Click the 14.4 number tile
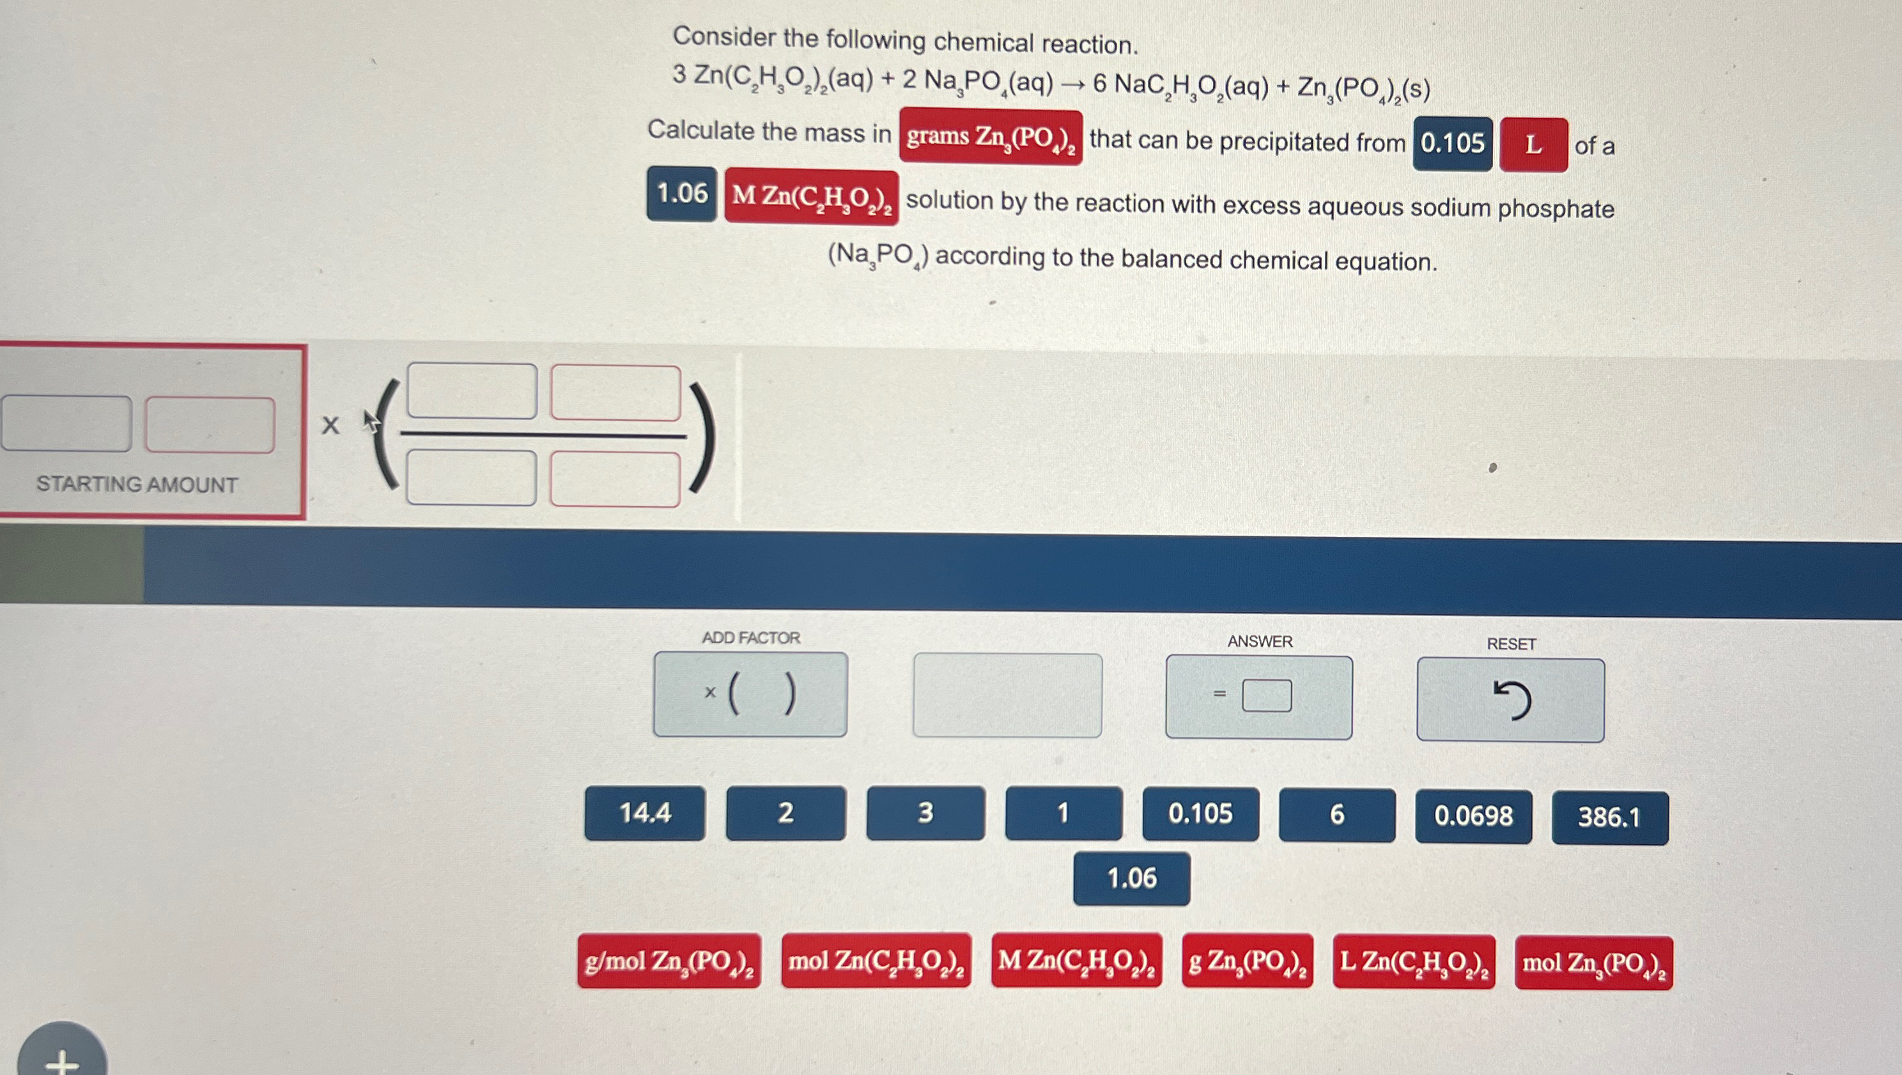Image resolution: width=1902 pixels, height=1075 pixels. click(x=645, y=813)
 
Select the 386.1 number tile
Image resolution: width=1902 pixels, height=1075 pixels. click(x=1610, y=817)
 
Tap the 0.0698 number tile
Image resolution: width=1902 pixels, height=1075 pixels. click(x=1473, y=816)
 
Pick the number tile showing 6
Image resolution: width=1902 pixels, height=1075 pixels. click(x=1336, y=814)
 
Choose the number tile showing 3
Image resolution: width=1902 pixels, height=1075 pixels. click(x=925, y=812)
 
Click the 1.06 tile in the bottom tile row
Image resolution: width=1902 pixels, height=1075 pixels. click(x=1131, y=879)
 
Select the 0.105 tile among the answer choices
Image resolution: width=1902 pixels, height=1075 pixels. click(x=1200, y=814)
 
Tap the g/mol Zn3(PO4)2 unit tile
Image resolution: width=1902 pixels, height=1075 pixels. click(x=669, y=961)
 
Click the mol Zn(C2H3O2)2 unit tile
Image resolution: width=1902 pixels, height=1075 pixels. click(x=876, y=961)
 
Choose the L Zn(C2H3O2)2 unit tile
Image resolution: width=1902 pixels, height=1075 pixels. click(x=1414, y=961)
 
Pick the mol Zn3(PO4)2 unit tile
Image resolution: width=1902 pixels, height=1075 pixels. click(x=1593, y=963)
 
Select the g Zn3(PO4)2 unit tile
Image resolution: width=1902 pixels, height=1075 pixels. click(x=1247, y=961)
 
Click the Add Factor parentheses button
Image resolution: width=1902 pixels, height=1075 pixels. click(x=750, y=694)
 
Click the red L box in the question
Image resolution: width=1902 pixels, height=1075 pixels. click(x=1533, y=144)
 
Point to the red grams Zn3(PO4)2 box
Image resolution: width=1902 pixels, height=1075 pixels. click(x=990, y=137)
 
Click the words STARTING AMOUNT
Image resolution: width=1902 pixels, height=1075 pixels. click(x=137, y=484)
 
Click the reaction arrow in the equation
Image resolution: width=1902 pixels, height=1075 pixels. click(x=1073, y=84)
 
